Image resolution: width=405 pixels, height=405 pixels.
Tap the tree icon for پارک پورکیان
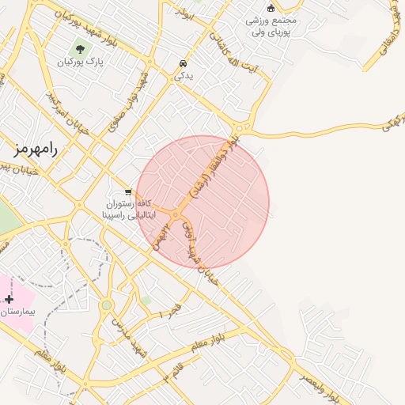pos(81,49)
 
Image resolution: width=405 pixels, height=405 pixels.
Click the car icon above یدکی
pos(184,63)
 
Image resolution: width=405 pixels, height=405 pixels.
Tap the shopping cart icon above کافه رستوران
pos(128,191)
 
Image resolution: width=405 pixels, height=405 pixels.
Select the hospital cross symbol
pos(9,299)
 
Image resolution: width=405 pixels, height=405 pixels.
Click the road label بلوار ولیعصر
pos(320,384)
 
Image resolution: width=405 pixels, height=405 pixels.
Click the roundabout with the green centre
pos(106,305)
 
